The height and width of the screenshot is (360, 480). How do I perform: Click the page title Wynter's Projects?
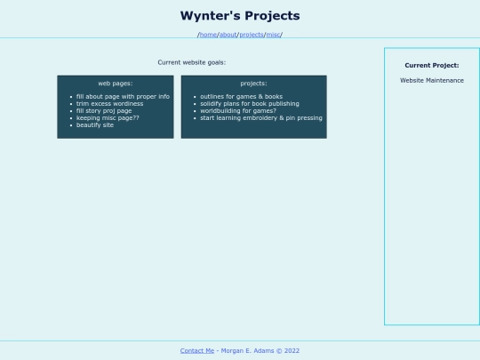pos(240,16)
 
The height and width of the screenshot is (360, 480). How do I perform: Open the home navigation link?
pos(208,35)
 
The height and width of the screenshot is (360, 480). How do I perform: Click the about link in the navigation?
pos(228,35)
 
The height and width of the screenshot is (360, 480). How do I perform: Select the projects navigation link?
pos(251,35)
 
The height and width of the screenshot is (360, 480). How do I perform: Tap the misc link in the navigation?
pos(273,35)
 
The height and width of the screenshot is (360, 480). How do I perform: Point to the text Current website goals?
pos(191,62)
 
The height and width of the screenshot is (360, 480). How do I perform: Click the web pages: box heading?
pos(116,84)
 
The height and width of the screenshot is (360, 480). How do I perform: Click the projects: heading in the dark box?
pos(253,84)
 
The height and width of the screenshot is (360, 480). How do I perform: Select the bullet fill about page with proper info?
pos(123,96)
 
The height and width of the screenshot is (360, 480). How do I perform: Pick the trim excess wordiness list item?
pos(109,103)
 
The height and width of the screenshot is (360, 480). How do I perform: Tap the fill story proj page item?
pos(104,110)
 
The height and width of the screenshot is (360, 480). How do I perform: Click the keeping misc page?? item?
pos(108,117)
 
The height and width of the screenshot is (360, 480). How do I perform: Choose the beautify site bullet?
pos(95,124)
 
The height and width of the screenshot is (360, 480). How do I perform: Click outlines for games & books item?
pos(241,96)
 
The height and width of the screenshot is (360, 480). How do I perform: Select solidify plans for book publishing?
pos(249,103)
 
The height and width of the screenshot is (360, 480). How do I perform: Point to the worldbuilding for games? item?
pos(237,110)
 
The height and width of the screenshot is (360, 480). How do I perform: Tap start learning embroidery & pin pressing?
pos(260,117)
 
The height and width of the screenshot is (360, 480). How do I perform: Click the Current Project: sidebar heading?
pos(432,65)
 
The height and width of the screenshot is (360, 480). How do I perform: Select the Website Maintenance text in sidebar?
pos(432,80)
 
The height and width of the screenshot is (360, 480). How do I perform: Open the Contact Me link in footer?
pos(197,350)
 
